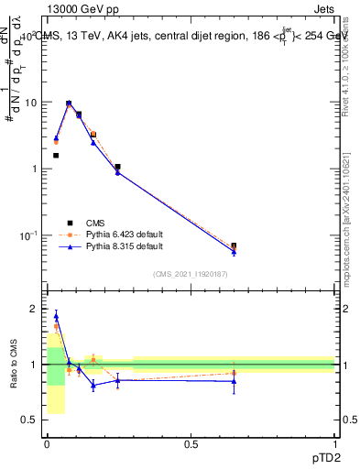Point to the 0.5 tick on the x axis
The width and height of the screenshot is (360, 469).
pyautogui.click(x=191, y=444)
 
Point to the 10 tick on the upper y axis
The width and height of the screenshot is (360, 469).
pyautogui.click(x=32, y=103)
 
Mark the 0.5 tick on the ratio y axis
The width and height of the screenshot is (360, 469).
pyautogui.click(x=33, y=420)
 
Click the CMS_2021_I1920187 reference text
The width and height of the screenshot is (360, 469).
pyautogui.click(x=190, y=274)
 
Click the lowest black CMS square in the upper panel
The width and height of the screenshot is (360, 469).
pyautogui.click(x=234, y=245)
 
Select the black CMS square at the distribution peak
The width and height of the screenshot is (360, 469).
pyautogui.click(x=69, y=104)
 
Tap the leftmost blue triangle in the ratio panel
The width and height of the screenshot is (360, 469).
pyautogui.click(x=56, y=317)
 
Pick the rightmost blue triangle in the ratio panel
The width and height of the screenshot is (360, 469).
pyautogui.click(x=234, y=381)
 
